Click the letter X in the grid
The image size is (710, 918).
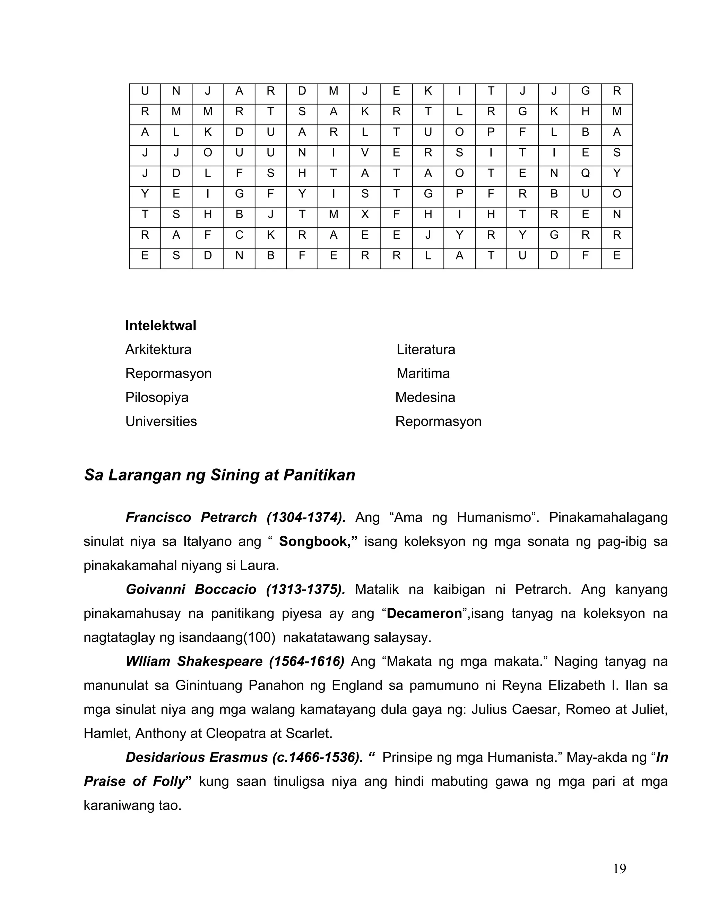click(x=365, y=214)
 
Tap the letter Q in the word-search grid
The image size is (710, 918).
click(x=585, y=173)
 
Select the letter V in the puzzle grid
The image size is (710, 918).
click(x=365, y=152)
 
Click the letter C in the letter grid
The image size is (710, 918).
click(x=239, y=235)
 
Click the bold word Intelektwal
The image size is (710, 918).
click(x=161, y=325)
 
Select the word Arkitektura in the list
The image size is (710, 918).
click(x=158, y=349)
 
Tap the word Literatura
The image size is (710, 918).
click(x=426, y=349)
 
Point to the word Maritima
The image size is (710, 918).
click(x=423, y=373)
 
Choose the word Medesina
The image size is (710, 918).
click(x=425, y=397)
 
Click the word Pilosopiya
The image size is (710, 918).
click(x=157, y=397)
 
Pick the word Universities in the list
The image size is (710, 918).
click(x=161, y=421)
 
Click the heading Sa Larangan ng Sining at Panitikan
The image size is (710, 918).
click(x=219, y=475)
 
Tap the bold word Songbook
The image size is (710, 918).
click(x=318, y=541)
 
